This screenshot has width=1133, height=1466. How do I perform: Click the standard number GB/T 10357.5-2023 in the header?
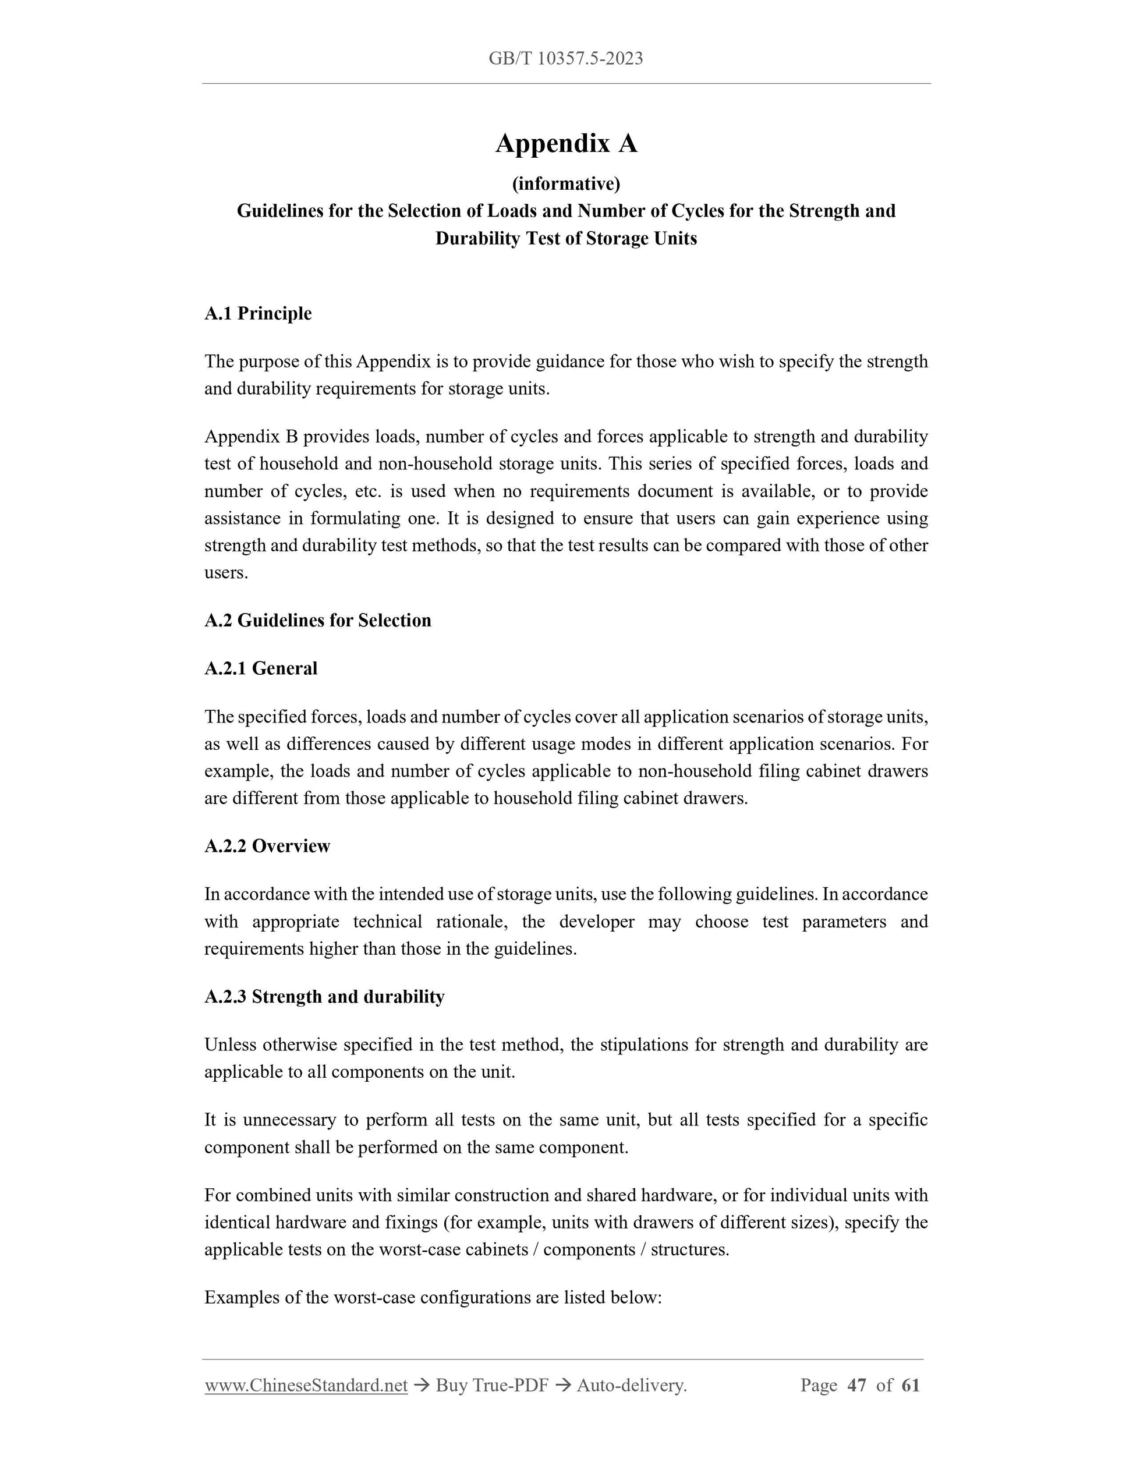click(x=565, y=58)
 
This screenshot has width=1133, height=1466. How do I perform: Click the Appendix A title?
click(x=566, y=144)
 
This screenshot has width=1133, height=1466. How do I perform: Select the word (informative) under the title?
click(x=566, y=183)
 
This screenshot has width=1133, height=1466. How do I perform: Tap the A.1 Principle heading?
click(x=258, y=313)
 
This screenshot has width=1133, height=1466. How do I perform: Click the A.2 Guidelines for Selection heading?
click(x=317, y=620)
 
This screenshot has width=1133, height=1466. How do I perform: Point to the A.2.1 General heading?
click(x=260, y=668)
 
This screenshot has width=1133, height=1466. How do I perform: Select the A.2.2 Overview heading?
click(x=267, y=846)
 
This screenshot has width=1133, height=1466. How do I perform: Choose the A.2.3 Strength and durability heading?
click(x=324, y=997)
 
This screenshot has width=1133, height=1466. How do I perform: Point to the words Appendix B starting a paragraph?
click(x=251, y=437)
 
